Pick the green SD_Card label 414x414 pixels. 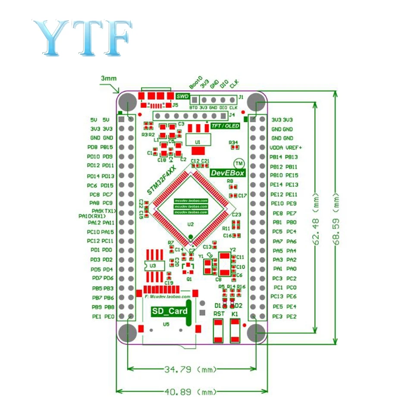[169, 311]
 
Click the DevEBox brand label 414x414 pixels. [228, 173]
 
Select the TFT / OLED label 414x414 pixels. [225, 125]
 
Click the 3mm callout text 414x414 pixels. [108, 78]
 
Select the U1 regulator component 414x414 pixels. [198, 141]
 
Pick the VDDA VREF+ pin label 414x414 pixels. [287, 147]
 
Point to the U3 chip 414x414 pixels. [154, 266]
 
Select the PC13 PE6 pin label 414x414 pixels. [284, 297]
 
